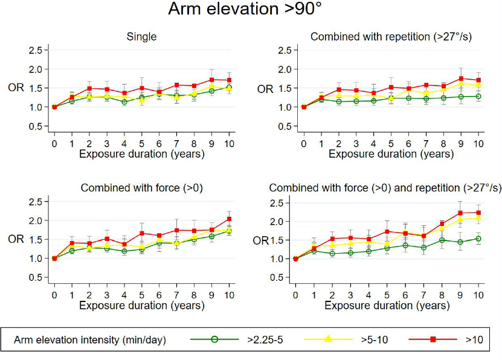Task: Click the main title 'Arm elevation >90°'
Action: click(251, 10)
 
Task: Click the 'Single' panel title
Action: click(141, 37)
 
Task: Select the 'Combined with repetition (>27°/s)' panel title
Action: click(391, 37)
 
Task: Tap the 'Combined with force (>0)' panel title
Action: click(141, 188)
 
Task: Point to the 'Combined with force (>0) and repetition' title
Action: click(385, 188)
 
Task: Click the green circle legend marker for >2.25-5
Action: click(214, 339)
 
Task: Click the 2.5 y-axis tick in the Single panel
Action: click(37, 50)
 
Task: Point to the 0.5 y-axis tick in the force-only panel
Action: click(37, 277)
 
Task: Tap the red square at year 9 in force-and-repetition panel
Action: click(460, 213)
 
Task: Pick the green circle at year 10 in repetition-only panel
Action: click(478, 96)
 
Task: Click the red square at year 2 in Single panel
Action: click(89, 88)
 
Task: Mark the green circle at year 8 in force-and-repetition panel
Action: click(443, 240)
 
